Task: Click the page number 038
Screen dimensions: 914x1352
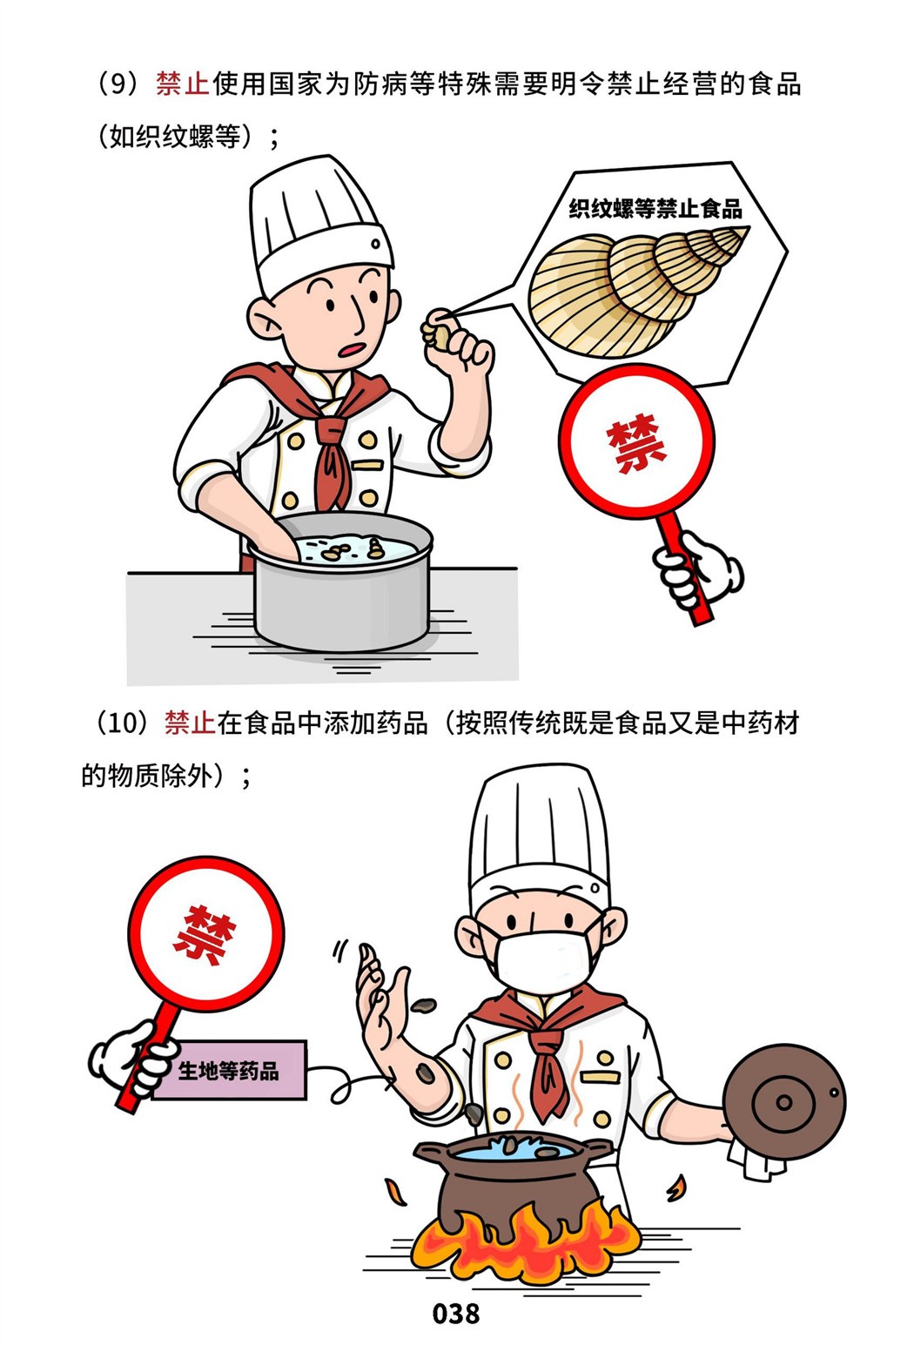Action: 456,1314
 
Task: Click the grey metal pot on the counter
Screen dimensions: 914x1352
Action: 342,582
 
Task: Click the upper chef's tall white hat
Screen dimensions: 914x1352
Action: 318,225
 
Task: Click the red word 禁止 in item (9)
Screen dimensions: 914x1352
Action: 182,84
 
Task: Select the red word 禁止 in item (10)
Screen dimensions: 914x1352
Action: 190,723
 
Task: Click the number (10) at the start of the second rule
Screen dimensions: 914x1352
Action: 123,723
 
